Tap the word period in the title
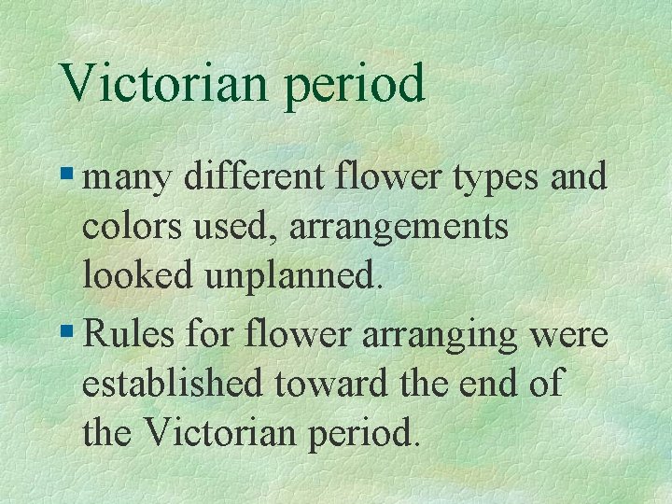pyautogui.click(x=356, y=85)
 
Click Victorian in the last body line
pyautogui.click(x=221, y=433)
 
